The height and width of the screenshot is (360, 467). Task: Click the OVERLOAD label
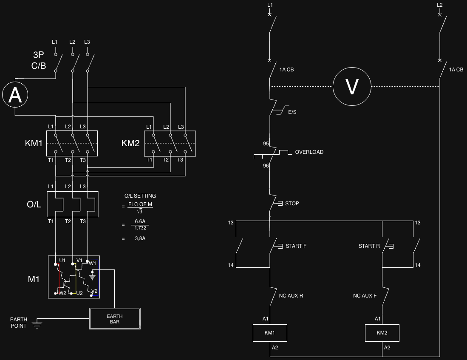(x=309, y=152)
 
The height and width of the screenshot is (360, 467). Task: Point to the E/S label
(x=292, y=112)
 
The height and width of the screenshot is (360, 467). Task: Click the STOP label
(x=292, y=204)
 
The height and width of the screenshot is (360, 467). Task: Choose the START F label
(x=296, y=246)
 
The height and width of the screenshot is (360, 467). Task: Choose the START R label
(x=369, y=246)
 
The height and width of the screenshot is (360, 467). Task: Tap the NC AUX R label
(x=291, y=296)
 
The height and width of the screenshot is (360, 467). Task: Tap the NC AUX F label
(x=365, y=296)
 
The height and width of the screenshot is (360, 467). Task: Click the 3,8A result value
(x=140, y=238)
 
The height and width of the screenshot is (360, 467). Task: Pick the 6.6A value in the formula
(x=140, y=221)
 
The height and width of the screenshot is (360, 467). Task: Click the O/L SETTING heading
(x=140, y=196)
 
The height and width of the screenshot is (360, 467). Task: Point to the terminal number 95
(x=266, y=144)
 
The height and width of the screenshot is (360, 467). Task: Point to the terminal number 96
(x=266, y=166)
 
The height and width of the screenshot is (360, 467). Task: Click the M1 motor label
(x=34, y=279)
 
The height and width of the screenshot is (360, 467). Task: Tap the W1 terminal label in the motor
(x=93, y=264)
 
